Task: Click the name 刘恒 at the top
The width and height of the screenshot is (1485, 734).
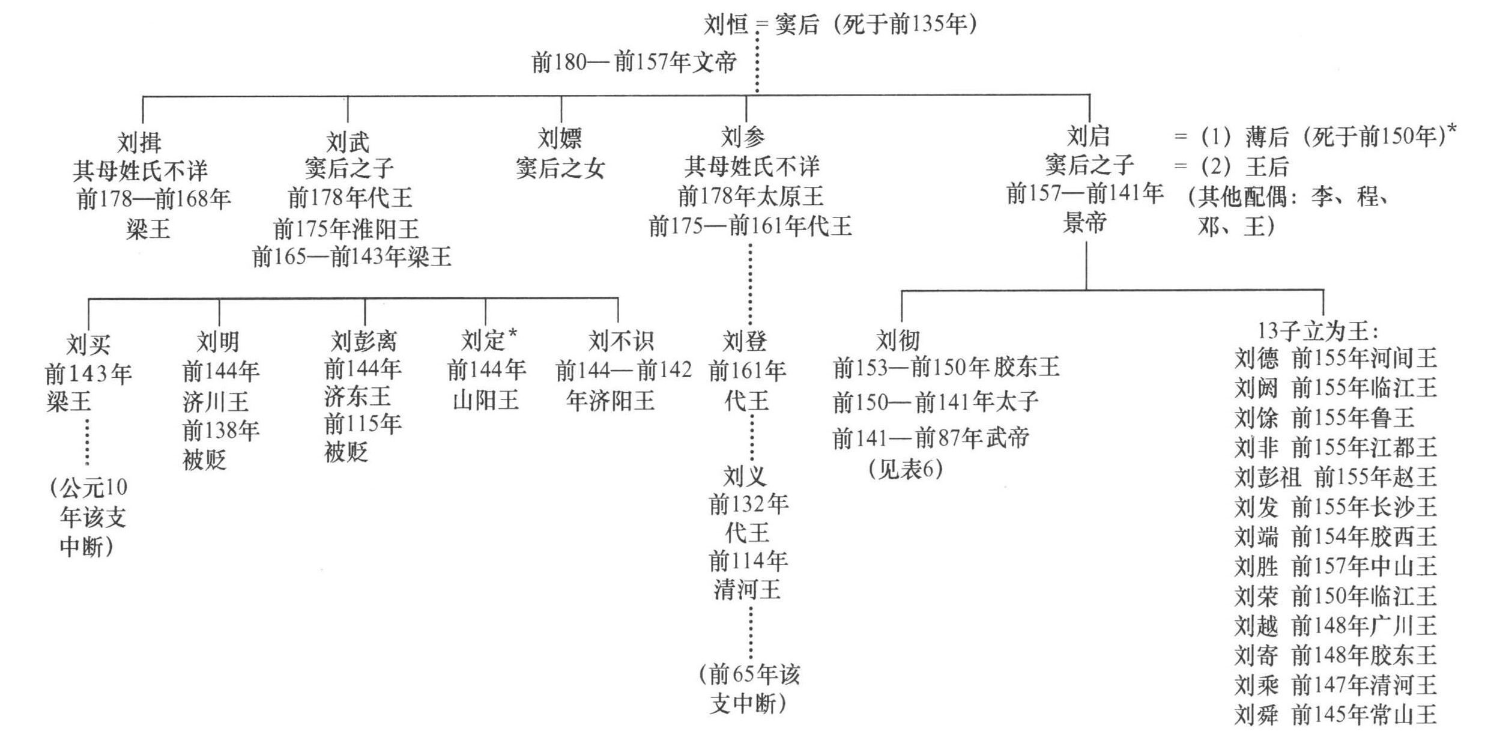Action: point(725,25)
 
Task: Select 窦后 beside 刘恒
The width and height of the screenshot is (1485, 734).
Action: point(797,25)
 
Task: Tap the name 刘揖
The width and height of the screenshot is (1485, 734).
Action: point(139,142)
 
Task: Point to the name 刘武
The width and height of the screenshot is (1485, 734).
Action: point(348,142)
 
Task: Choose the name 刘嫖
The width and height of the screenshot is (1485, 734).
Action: point(560,139)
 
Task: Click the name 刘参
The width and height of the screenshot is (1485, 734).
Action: point(743,138)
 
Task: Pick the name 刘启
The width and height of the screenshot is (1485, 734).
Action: point(1087,136)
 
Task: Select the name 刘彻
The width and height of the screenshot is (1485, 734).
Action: point(898,340)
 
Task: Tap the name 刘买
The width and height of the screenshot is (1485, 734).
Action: point(88,344)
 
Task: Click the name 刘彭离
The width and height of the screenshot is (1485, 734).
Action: point(364,341)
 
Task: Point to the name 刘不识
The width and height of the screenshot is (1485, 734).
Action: point(621,341)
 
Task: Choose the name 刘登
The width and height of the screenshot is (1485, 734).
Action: point(745,341)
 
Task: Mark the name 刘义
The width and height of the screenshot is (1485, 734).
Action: point(745,476)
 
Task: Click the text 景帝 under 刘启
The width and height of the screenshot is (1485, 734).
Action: point(1084,223)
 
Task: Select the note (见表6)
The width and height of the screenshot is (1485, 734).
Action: point(905,469)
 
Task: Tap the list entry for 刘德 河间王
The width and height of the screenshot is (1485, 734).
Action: point(1335,359)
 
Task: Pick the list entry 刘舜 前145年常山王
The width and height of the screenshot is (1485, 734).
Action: point(1335,715)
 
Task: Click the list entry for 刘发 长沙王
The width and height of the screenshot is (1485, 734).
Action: point(1335,508)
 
